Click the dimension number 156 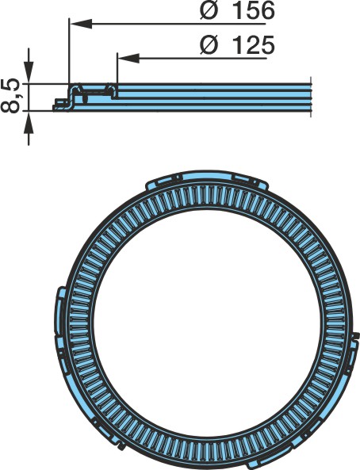pos(254,11)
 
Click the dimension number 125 pos(254,45)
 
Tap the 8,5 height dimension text pos(10,96)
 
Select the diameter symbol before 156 pos(209,11)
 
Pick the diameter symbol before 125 pos(209,45)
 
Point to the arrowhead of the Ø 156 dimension pos(80,23)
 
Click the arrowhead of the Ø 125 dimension pos(128,58)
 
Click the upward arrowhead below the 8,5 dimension pos(29,122)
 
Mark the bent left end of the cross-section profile pos(63,103)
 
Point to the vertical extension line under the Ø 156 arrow pos(69,51)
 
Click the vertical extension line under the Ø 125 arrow pos(117,68)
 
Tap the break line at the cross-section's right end pos(311,97)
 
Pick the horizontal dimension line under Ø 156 pos(168,23)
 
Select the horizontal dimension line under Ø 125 pos(192,58)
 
